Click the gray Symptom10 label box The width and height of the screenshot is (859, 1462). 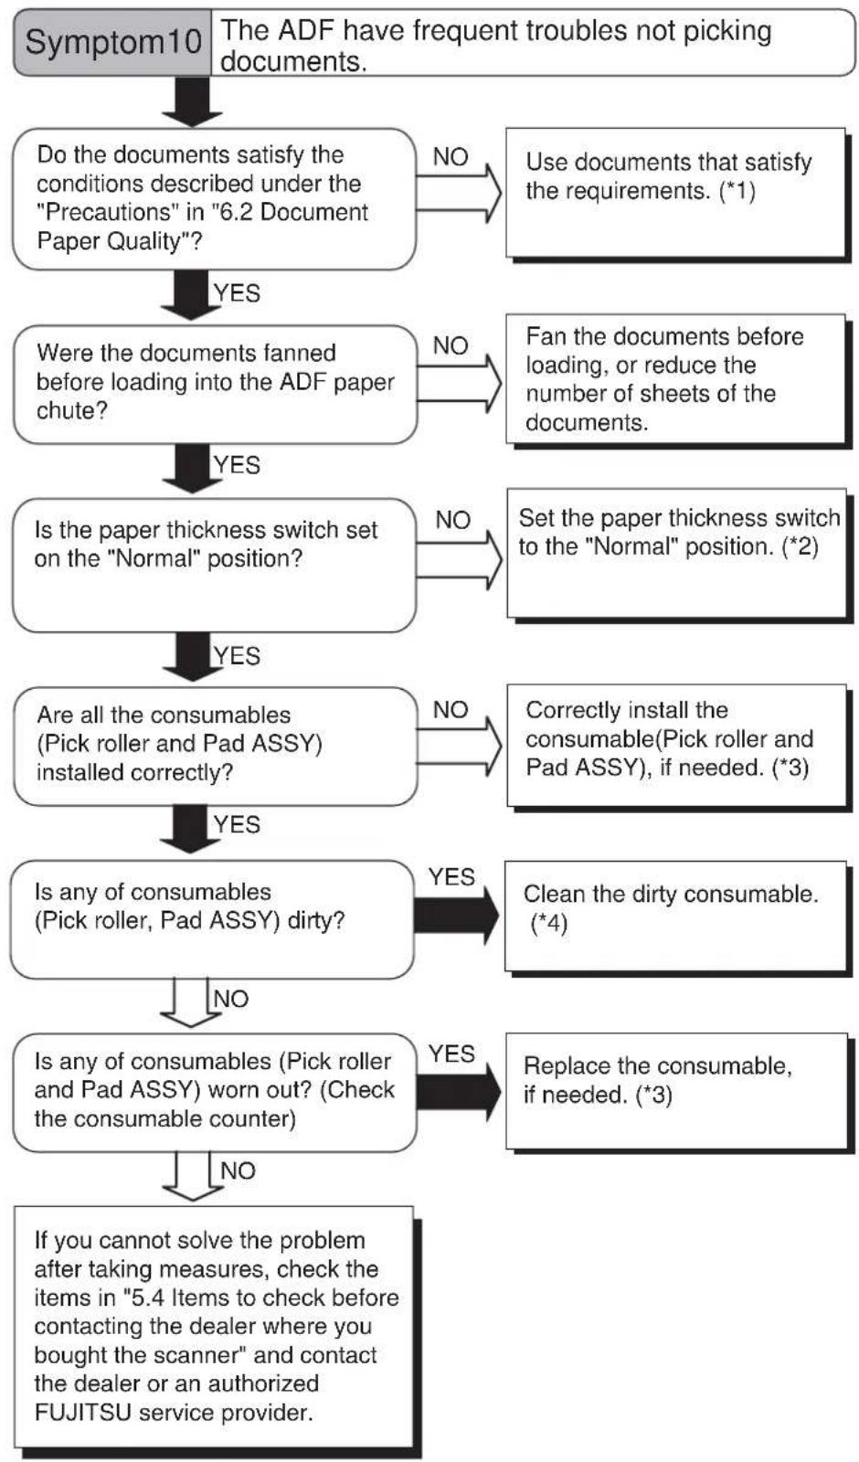coord(112,42)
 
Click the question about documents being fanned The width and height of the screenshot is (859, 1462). coord(215,385)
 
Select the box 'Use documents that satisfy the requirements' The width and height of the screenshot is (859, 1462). coord(676,193)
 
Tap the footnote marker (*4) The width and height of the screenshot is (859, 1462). coord(549,924)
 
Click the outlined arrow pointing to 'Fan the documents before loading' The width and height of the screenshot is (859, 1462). coord(460,383)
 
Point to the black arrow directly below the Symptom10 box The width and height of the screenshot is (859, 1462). coord(192,101)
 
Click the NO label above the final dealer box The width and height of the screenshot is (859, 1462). coord(238,1171)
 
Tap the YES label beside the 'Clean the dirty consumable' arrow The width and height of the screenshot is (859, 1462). coord(451,877)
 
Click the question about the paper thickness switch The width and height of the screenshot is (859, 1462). coord(214,566)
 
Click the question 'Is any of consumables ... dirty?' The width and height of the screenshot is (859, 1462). coord(212,919)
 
